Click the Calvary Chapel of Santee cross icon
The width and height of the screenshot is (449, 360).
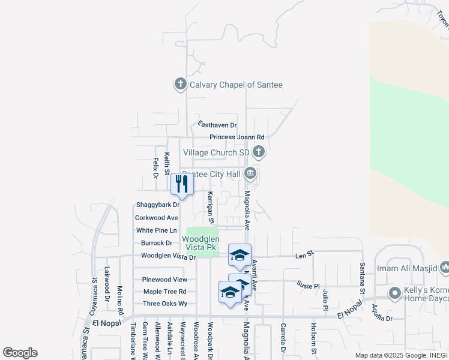[181, 85]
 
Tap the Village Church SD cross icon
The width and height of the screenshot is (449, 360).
[259, 152]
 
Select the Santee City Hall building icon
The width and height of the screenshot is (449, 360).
[251, 175]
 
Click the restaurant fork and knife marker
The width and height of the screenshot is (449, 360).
[182, 184]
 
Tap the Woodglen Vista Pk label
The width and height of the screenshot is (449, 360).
[200, 243]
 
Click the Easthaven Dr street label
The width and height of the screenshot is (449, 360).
[217, 125]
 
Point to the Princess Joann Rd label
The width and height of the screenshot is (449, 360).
[237, 137]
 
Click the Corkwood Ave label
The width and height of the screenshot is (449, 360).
[156, 218]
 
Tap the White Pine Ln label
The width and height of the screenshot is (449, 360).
[157, 230]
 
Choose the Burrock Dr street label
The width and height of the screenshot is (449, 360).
[157, 243]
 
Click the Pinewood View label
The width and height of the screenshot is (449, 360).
[164, 280]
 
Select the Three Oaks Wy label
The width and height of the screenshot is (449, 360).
[165, 304]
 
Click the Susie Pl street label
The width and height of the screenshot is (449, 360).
[308, 286]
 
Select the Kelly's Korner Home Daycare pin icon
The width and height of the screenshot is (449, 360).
[394, 294]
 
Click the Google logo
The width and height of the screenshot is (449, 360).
[20, 353]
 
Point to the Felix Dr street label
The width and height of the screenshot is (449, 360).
[155, 168]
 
